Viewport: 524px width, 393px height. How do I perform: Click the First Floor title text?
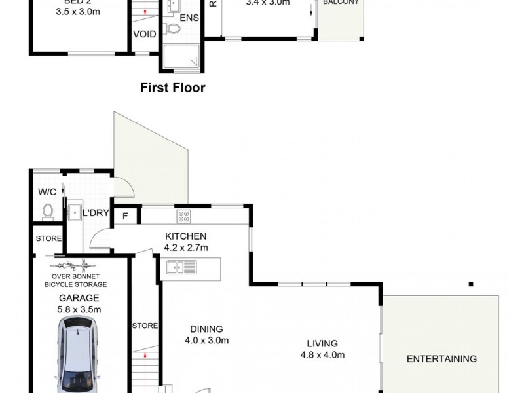tap(173, 88)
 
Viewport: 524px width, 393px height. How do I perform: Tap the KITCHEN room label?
tap(185, 236)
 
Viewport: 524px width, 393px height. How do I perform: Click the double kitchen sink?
tap(181, 267)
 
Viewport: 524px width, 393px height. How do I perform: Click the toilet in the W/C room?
tap(47, 211)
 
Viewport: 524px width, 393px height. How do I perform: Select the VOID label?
tap(144, 34)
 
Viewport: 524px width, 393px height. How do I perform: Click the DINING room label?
tap(206, 329)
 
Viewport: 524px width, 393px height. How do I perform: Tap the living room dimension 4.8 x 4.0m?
tap(322, 355)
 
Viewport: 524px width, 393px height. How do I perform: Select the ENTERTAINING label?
tap(441, 358)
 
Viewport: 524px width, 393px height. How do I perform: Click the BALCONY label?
tap(340, 3)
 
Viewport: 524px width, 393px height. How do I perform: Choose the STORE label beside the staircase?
tap(144, 326)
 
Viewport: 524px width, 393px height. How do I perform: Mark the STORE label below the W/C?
tap(48, 238)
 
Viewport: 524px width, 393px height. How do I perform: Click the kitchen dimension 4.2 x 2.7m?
tap(185, 248)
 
